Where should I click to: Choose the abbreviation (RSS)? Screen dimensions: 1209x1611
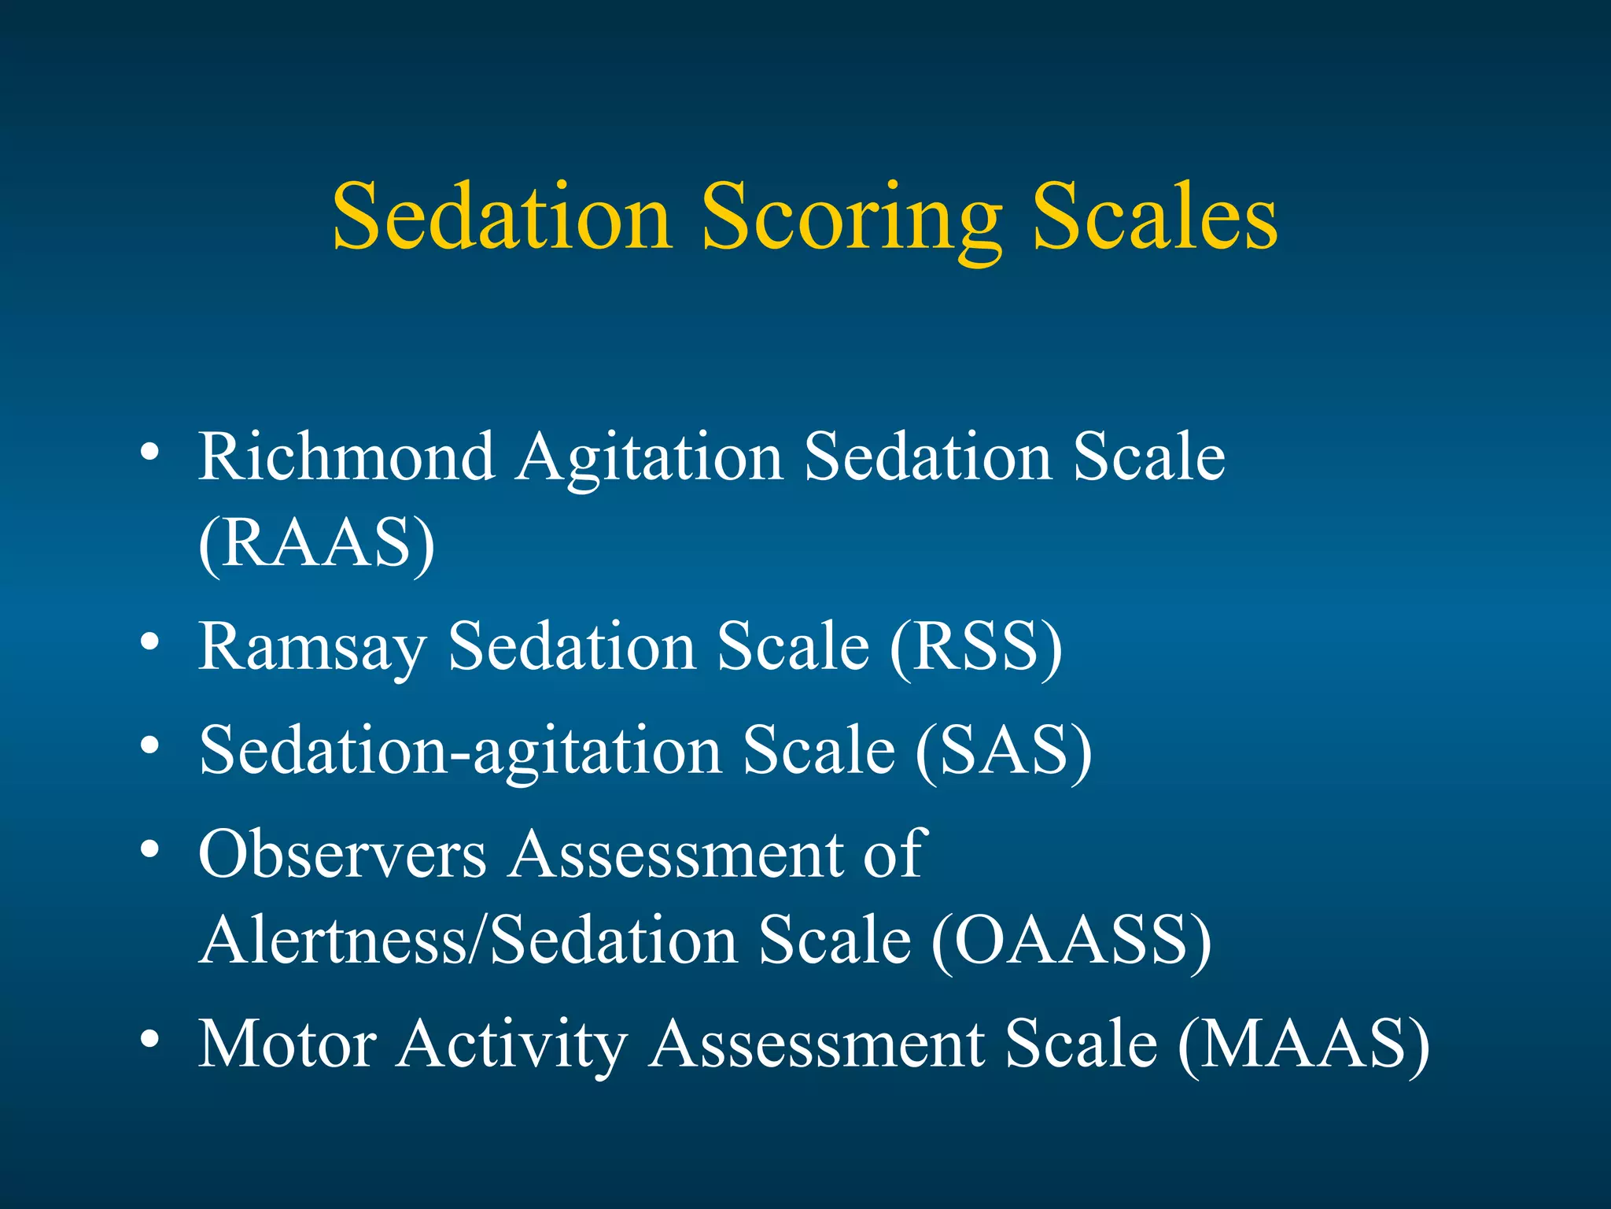(975, 647)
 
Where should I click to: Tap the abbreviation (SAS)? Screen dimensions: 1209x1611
(1004, 751)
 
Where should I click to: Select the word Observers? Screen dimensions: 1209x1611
(342, 855)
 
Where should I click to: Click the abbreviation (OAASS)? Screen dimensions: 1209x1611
(1071, 941)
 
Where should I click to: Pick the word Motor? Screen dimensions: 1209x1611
(287, 1045)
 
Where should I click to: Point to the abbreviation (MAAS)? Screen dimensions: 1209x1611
(1303, 1045)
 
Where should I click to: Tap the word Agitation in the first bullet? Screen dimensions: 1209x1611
(650, 460)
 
